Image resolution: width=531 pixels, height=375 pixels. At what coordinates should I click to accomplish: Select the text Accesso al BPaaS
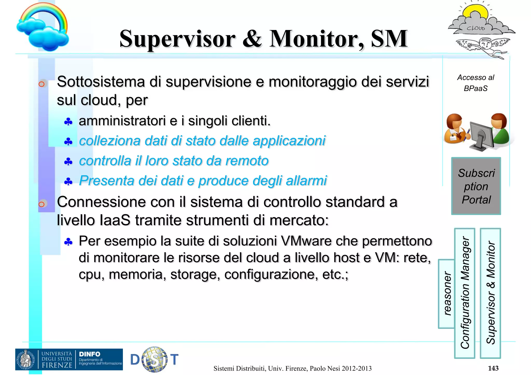[x=476, y=83]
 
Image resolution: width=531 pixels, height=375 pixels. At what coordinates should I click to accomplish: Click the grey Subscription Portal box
[x=476, y=186]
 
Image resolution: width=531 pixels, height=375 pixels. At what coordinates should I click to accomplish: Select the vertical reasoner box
[x=446, y=294]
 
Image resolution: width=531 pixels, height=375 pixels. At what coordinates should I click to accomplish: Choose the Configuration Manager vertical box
[x=465, y=293]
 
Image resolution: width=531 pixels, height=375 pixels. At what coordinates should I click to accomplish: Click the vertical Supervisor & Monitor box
[x=490, y=293]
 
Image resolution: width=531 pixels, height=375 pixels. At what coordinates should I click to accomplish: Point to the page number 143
[x=493, y=368]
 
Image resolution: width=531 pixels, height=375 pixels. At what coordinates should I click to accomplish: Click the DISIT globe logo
[x=155, y=359]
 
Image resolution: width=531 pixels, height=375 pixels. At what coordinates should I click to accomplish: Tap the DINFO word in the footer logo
[x=89, y=354]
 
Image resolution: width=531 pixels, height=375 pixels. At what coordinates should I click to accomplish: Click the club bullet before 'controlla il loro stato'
[x=68, y=162]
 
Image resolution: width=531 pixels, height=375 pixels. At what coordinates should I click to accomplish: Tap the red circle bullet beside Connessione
[x=41, y=204]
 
